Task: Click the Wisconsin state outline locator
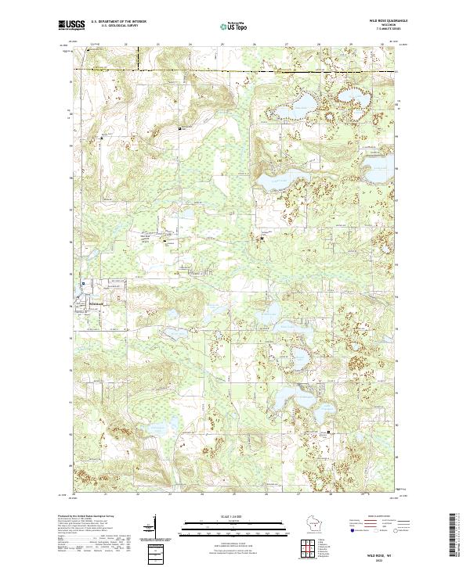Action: point(321,526)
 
